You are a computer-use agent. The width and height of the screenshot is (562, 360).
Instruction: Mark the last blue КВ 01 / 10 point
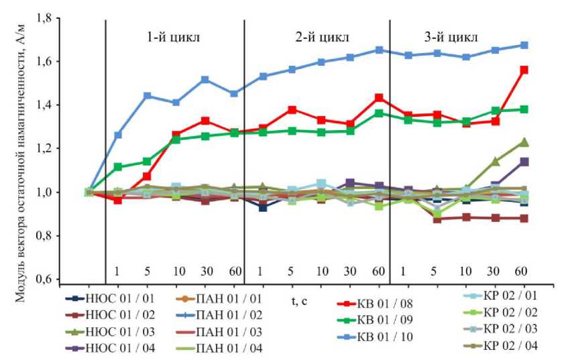coord(524,46)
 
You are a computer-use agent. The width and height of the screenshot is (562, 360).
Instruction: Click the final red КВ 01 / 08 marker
coord(524,70)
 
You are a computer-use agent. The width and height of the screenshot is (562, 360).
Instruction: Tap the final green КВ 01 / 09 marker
coord(524,109)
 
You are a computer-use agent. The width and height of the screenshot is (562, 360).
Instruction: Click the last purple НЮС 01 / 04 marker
coord(524,162)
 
